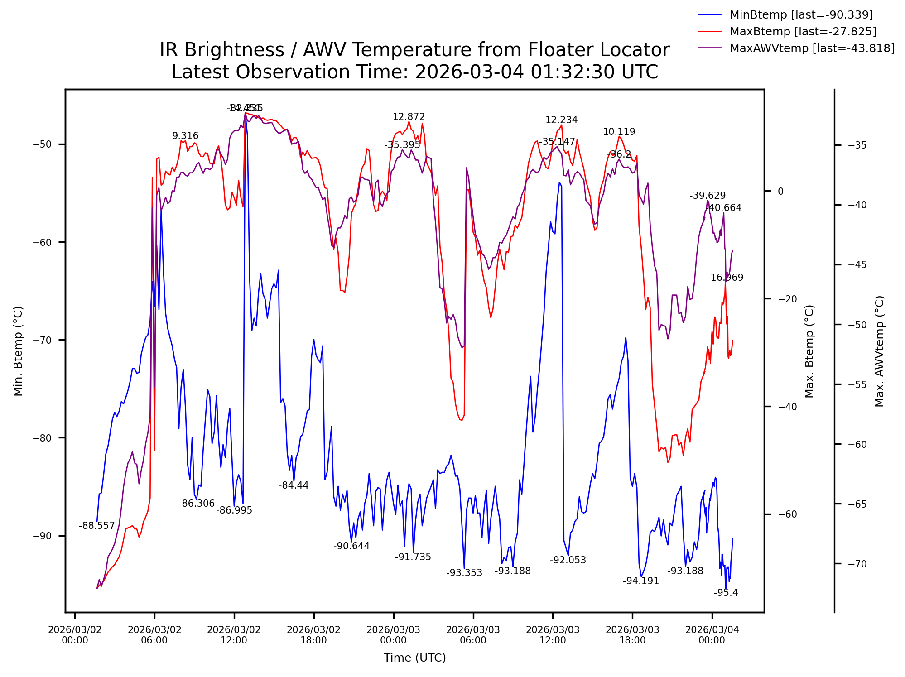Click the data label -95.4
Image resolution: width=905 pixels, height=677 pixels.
tap(726, 593)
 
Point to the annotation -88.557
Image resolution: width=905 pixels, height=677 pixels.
tap(96, 526)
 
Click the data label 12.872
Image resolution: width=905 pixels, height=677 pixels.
tap(409, 117)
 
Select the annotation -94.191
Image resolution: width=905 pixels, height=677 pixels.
tap(640, 581)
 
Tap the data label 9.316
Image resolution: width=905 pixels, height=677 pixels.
tap(185, 136)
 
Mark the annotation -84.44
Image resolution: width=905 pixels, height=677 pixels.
tap(294, 485)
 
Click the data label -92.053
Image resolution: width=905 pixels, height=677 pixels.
tap(568, 560)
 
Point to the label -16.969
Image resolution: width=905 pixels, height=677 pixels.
tap(725, 278)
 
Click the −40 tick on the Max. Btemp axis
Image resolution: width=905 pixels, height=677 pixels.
tap(787, 407)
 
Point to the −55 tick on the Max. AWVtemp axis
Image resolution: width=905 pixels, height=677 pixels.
tap(857, 384)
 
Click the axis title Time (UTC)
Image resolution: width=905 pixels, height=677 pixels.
tap(414, 658)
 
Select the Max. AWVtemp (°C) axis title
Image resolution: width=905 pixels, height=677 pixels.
tap(879, 351)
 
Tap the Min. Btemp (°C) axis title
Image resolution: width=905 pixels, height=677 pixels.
tap(18, 351)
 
